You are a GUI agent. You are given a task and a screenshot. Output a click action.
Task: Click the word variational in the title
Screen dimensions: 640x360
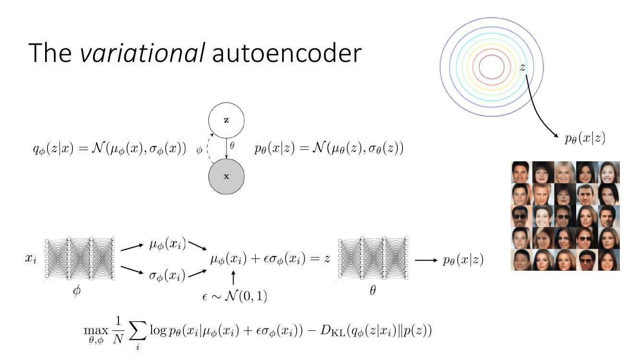(142, 53)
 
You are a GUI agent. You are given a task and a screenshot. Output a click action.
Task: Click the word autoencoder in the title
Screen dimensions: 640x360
(287, 53)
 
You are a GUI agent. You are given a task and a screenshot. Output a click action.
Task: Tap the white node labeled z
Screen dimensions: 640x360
(226, 120)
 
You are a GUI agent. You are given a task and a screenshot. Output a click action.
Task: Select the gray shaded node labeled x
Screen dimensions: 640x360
(226, 177)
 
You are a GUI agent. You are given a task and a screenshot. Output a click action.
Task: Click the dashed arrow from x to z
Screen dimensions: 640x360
(207, 149)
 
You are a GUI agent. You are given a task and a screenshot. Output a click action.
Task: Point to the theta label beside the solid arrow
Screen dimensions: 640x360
(232, 145)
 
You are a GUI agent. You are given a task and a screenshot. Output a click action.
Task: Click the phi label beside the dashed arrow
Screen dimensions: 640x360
(199, 150)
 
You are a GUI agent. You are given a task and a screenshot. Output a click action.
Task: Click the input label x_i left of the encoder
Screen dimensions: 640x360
(31, 259)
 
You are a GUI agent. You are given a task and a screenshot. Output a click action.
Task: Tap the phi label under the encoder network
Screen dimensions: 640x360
(77, 291)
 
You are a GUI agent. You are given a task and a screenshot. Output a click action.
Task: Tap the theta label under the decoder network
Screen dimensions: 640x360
(373, 290)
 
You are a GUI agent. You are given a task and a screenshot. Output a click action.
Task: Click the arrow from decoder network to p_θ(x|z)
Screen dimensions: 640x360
(426, 260)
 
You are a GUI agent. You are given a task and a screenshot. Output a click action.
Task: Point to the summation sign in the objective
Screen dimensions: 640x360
(138, 332)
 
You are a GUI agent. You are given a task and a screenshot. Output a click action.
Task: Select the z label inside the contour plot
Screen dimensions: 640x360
(522, 67)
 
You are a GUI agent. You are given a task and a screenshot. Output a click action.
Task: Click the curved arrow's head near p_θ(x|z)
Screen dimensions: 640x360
(556, 136)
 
